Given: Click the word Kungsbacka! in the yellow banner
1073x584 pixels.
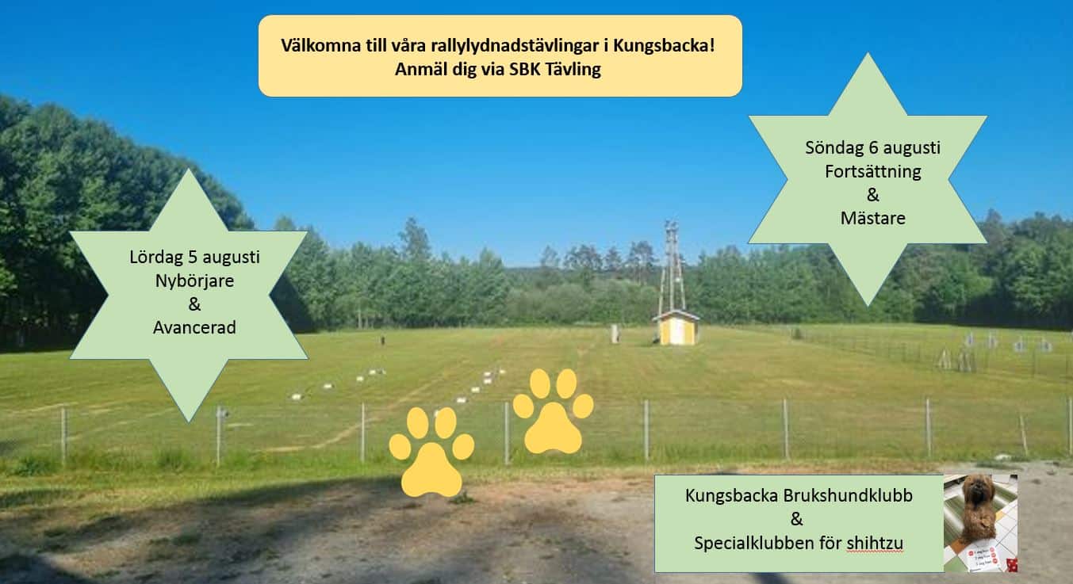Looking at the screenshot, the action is (x=665, y=46).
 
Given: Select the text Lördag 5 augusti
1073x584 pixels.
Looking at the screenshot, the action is (x=194, y=258).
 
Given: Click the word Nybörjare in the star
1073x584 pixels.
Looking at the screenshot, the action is (x=194, y=281).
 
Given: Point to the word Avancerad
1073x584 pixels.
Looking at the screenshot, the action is (x=194, y=328).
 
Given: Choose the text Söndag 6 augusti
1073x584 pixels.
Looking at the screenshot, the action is (x=873, y=148).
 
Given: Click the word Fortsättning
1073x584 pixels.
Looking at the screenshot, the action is (x=873, y=171).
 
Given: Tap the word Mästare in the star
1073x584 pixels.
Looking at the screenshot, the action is (x=873, y=218).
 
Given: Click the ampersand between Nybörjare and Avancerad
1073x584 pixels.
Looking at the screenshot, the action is (x=194, y=304).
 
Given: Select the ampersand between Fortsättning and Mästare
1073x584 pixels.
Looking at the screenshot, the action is (x=873, y=195).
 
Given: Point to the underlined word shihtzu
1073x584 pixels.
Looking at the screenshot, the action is (x=875, y=544).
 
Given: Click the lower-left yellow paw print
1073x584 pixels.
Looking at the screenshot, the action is (x=431, y=452).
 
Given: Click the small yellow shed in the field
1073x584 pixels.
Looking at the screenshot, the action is (x=676, y=327).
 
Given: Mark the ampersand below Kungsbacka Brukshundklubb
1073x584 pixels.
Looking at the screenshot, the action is (x=796, y=519).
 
